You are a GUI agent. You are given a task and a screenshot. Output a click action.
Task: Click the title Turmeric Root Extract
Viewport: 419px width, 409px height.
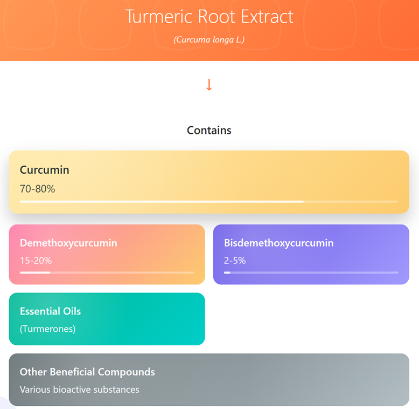(x=210, y=17)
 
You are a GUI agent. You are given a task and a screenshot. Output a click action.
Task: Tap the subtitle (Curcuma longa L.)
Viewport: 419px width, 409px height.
(x=210, y=39)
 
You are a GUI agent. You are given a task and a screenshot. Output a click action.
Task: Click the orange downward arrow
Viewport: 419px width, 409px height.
(x=210, y=85)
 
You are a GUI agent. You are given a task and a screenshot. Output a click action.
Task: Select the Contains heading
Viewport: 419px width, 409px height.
(x=210, y=131)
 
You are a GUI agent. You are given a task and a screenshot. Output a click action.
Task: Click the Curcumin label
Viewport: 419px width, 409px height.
(x=45, y=170)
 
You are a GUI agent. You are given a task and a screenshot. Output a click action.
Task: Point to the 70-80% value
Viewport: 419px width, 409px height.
(x=37, y=189)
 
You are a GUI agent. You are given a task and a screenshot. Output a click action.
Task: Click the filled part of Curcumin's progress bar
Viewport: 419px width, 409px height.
(x=162, y=202)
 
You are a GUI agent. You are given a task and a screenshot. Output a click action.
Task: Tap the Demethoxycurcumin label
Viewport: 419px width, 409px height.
(x=68, y=243)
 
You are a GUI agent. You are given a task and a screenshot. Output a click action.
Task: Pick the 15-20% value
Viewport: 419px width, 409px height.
(x=36, y=261)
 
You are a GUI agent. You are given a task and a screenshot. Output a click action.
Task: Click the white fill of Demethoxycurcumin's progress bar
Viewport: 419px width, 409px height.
(x=35, y=272)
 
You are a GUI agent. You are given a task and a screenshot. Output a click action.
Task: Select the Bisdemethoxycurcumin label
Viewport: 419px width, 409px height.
(x=279, y=243)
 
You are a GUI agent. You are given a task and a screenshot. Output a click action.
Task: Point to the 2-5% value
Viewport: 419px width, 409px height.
(x=235, y=261)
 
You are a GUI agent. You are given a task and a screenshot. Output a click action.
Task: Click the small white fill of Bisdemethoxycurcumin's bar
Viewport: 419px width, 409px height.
(x=227, y=272)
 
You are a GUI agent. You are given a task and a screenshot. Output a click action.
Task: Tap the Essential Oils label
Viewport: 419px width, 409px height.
(x=50, y=311)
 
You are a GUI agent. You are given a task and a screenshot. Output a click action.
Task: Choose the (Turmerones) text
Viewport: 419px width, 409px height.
(x=47, y=329)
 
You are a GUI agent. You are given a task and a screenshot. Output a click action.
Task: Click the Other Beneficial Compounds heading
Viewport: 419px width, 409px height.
(x=87, y=372)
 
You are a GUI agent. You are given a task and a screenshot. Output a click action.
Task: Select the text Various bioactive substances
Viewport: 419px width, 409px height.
(x=79, y=390)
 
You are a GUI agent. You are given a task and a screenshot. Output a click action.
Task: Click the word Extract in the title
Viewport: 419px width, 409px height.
(x=267, y=17)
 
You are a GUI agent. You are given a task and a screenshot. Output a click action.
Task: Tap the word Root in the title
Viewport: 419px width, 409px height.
(x=216, y=17)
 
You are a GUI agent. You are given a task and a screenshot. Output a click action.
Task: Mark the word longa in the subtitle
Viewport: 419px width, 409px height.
(x=223, y=40)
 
